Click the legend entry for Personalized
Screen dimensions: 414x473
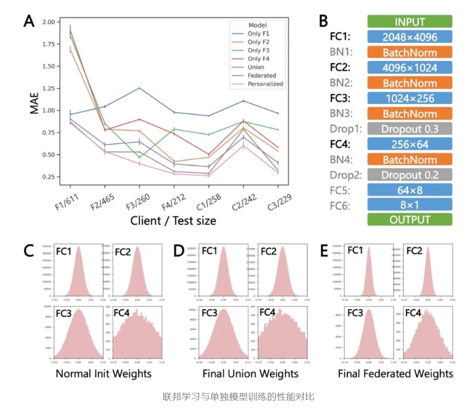pos(266,84)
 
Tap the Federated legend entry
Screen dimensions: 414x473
pos(262,75)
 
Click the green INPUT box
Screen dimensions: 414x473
pos(410,22)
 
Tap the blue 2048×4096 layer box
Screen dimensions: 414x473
pos(410,37)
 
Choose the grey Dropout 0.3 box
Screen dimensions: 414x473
pos(410,129)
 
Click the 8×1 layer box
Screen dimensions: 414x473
pos(410,205)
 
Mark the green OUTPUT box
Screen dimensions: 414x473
pos(410,219)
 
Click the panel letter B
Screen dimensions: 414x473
pos(324,21)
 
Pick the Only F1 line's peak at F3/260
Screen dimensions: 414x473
pos(139,88)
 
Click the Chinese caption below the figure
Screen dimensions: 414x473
pos(238,397)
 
